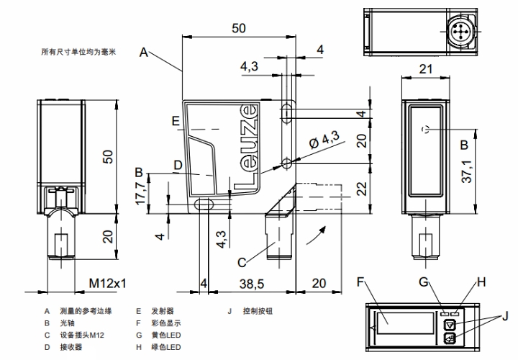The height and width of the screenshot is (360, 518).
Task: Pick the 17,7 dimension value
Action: tap(142, 193)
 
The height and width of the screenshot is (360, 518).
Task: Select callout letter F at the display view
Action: tap(362, 282)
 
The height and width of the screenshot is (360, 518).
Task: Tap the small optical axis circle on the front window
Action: tap(427, 129)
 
